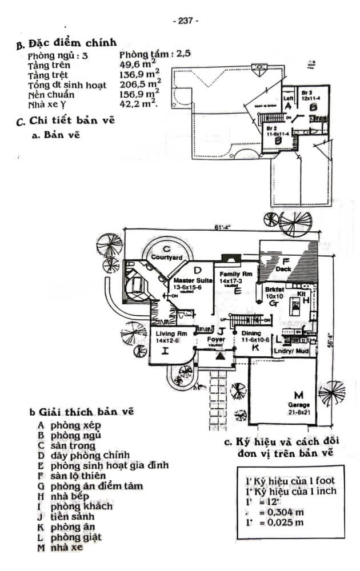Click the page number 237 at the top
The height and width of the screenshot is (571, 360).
(185, 21)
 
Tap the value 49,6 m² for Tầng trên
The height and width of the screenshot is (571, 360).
(139, 65)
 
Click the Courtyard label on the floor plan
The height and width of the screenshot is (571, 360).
(167, 258)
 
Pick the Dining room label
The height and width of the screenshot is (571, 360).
(251, 333)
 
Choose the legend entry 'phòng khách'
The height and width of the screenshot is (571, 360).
(81, 506)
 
